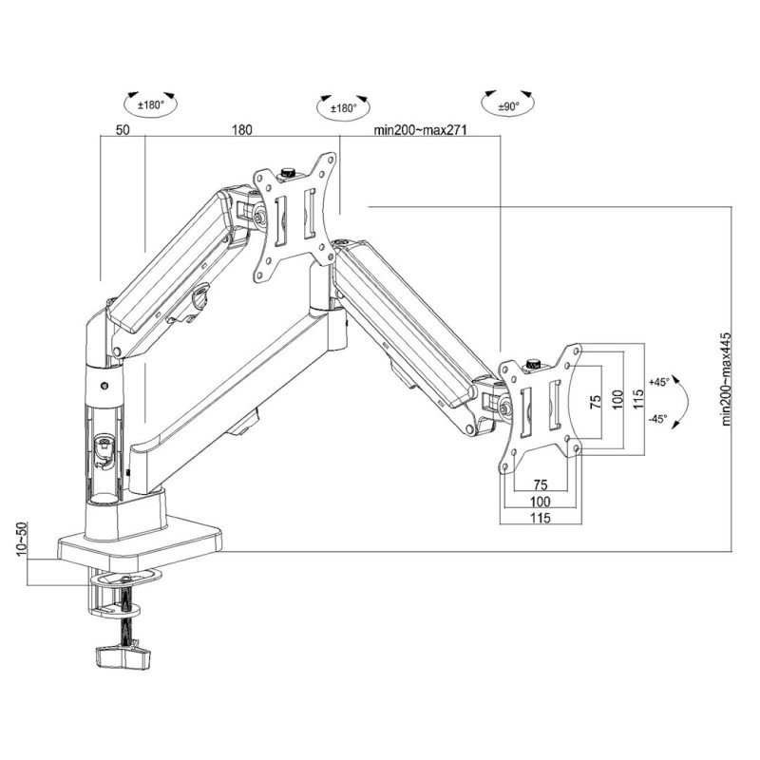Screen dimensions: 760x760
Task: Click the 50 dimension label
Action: tap(123, 130)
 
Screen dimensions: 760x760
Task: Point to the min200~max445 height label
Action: tap(726, 378)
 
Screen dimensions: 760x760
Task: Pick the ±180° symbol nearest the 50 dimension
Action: tap(151, 104)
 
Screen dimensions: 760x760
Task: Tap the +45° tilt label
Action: tap(659, 382)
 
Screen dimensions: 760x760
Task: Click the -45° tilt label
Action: tap(659, 418)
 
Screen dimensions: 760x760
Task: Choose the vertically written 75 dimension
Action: tap(596, 401)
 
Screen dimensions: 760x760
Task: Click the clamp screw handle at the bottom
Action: tap(122, 655)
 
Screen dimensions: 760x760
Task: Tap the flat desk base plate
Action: tap(141, 543)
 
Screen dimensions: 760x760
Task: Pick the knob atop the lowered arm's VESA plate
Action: tap(534, 363)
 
